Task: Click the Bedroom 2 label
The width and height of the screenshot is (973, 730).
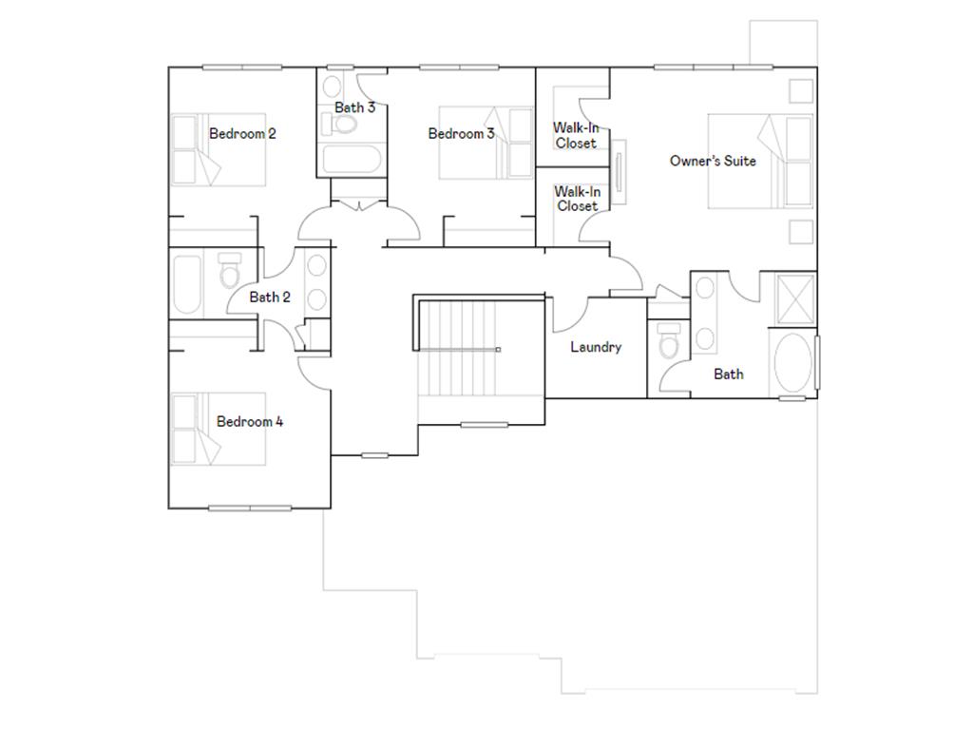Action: click(242, 134)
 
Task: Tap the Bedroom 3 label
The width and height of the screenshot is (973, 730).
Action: click(461, 134)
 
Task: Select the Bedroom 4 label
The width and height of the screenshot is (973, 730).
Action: click(250, 421)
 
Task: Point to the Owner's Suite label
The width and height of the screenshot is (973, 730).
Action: click(713, 161)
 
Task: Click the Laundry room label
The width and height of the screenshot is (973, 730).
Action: click(596, 347)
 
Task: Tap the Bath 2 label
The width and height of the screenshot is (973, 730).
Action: click(270, 298)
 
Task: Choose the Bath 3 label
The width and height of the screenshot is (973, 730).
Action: click(354, 107)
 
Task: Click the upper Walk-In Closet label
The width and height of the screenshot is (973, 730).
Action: click(576, 135)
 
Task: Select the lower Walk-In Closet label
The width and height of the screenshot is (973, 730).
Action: click(577, 199)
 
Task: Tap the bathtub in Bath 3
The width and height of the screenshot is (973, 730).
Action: click(351, 160)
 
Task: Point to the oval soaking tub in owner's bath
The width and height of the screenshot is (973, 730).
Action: click(791, 362)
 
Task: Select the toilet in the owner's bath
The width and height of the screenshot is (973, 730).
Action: click(670, 341)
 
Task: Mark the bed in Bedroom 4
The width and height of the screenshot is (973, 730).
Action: click(219, 430)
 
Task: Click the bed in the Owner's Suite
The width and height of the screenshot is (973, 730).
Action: click(760, 161)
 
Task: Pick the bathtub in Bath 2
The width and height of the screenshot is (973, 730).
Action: click(187, 283)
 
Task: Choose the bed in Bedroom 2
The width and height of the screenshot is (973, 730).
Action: click(219, 150)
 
